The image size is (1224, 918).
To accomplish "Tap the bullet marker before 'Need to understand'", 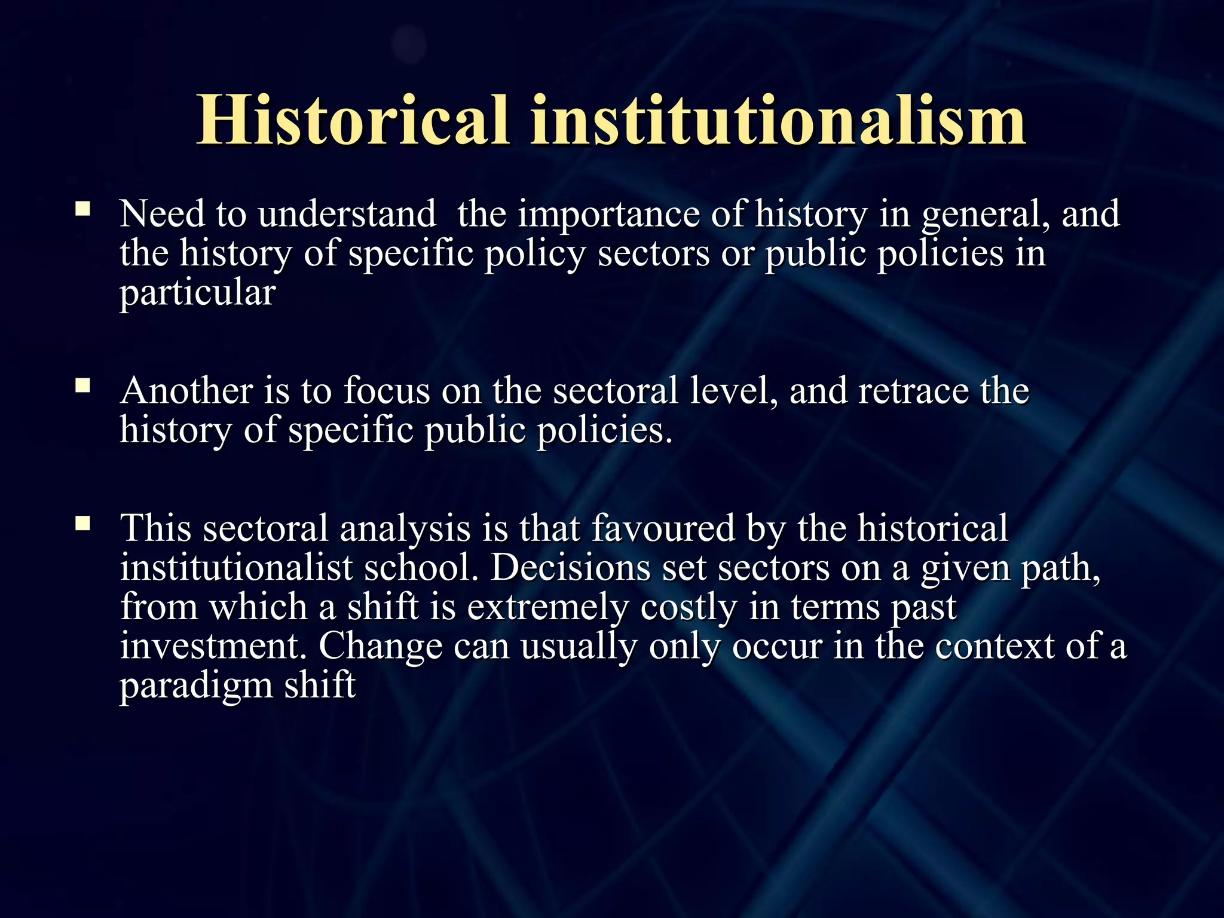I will pyautogui.click(x=82, y=209).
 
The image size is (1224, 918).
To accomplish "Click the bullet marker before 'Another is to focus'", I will pyautogui.click(x=82, y=385).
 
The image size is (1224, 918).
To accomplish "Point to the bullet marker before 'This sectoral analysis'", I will pyautogui.click(x=82, y=524).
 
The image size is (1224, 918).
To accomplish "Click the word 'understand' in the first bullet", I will pyautogui.click(x=347, y=213).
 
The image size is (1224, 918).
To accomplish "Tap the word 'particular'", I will pyautogui.click(x=197, y=293).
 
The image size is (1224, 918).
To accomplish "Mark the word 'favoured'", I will pyautogui.click(x=663, y=528).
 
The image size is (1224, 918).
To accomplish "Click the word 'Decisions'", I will pyautogui.click(x=570, y=568).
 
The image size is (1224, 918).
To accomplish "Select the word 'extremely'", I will pyautogui.click(x=547, y=607).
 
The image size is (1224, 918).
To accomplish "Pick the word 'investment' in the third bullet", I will pyautogui.click(x=213, y=646).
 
